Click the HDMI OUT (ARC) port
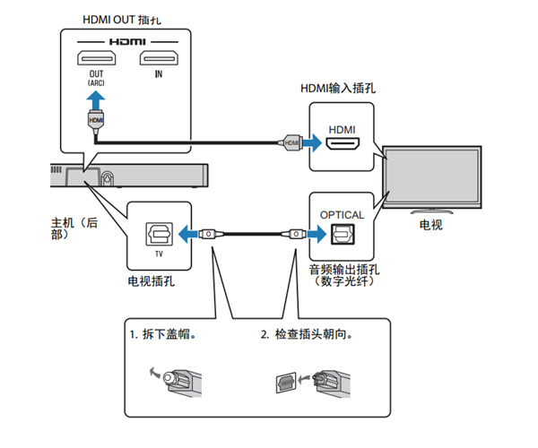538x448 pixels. [x=96, y=60]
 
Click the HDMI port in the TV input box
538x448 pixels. [x=342, y=143]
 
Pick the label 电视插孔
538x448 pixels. [x=152, y=281]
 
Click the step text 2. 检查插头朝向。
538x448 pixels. [x=306, y=336]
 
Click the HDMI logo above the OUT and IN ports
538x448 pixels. [x=126, y=41]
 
